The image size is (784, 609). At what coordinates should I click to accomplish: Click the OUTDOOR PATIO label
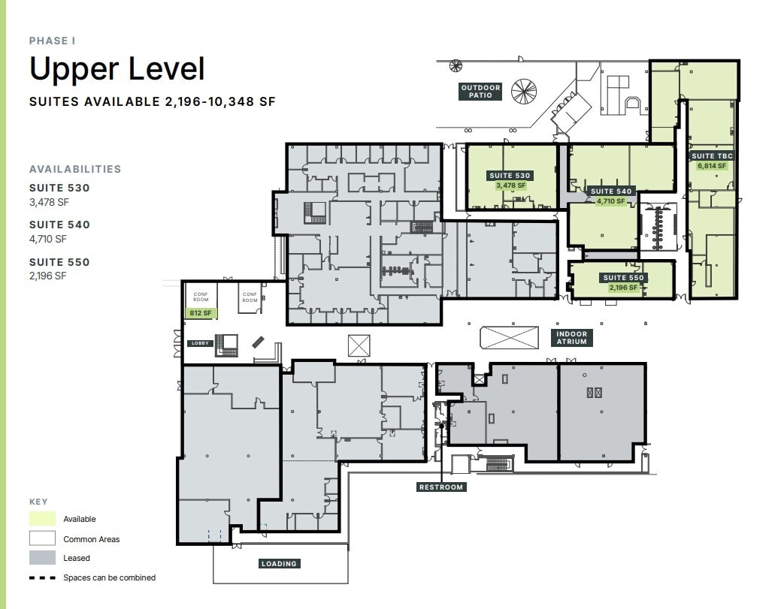tap(480, 92)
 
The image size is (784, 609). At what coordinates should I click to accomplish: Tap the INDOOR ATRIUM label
tap(571, 338)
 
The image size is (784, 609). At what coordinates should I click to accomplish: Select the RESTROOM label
tap(441, 487)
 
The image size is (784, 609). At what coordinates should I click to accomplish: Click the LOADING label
tap(279, 563)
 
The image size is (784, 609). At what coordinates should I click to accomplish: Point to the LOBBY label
tap(198, 343)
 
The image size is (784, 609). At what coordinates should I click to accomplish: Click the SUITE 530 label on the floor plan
tap(510, 176)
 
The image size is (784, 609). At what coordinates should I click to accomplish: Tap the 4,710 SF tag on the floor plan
tap(610, 201)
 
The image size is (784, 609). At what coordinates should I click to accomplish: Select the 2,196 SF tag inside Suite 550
tap(624, 288)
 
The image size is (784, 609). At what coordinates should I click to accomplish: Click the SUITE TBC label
tap(711, 156)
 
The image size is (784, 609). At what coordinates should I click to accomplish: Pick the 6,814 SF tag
tap(711, 166)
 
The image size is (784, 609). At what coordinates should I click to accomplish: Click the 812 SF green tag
tap(201, 313)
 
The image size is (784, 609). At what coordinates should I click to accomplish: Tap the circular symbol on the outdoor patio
tap(523, 91)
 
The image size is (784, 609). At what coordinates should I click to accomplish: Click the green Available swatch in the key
tap(42, 519)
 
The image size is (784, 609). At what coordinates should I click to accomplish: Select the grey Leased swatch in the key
tap(42, 558)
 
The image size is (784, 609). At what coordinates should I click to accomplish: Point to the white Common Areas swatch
tap(42, 538)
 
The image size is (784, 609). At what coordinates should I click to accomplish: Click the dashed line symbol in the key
tap(42, 577)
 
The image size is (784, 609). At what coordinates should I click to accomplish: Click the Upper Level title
tap(117, 69)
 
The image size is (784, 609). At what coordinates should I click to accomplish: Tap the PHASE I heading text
tap(52, 41)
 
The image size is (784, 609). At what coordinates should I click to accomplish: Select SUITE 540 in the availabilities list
tap(59, 225)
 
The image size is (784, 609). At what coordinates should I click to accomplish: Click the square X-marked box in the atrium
tap(359, 345)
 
